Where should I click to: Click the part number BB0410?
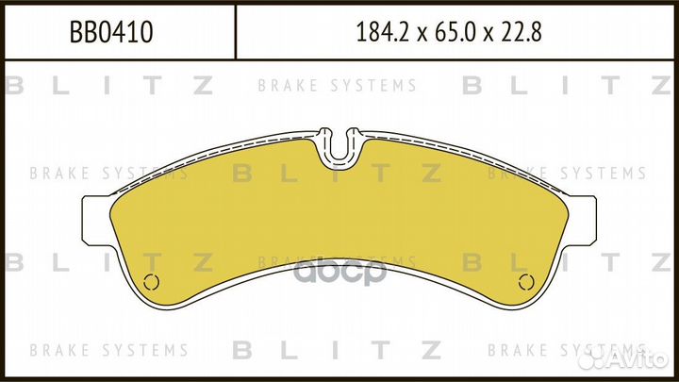point(111,32)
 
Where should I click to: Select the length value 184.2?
point(382,32)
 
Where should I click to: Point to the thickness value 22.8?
point(522,32)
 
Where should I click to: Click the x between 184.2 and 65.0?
point(422,34)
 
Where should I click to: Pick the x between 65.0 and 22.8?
point(489,34)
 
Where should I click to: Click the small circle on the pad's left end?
point(151,282)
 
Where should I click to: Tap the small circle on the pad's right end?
point(526,282)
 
